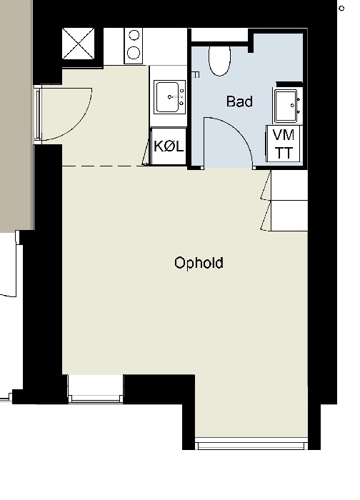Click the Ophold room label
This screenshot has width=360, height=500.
coord(199,263)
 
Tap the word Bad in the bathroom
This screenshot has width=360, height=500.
coord(239,101)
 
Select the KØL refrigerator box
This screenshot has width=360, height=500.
coord(169,147)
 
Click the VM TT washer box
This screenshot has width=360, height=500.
coord(284,144)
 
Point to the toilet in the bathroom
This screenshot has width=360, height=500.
coord(219,60)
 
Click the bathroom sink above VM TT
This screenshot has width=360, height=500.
coord(287,105)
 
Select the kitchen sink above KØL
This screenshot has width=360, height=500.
coord(169,96)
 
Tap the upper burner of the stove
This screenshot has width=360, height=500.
coord(134,36)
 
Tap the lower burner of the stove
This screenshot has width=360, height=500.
coord(134,51)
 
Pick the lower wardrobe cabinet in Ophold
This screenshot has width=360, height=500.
coord(288,215)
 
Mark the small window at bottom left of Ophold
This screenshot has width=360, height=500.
coord(95,389)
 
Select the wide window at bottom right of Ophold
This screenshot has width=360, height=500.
coord(251,445)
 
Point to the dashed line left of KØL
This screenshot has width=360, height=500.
coord(104,166)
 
